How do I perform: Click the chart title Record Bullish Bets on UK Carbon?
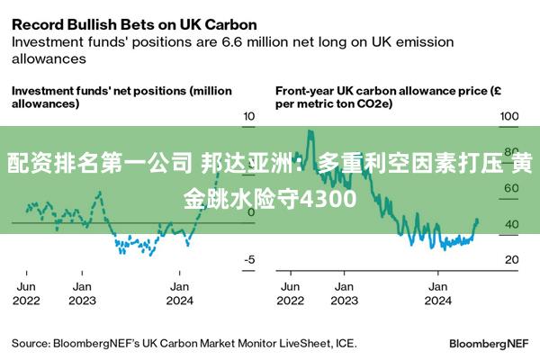coord(133,23)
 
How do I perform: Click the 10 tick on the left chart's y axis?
coord(250,116)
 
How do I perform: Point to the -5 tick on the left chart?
coord(249,259)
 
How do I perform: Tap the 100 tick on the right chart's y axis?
coord(511,116)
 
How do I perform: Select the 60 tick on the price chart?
coord(510,188)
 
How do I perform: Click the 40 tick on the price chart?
coord(510,224)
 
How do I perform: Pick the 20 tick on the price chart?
coord(510,259)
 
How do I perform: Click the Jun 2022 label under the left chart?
coord(25,293)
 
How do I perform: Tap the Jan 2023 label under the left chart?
coord(83,293)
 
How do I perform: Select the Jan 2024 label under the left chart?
coord(178,293)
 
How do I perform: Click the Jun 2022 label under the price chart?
coord(289,293)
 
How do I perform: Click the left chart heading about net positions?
coord(121,97)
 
